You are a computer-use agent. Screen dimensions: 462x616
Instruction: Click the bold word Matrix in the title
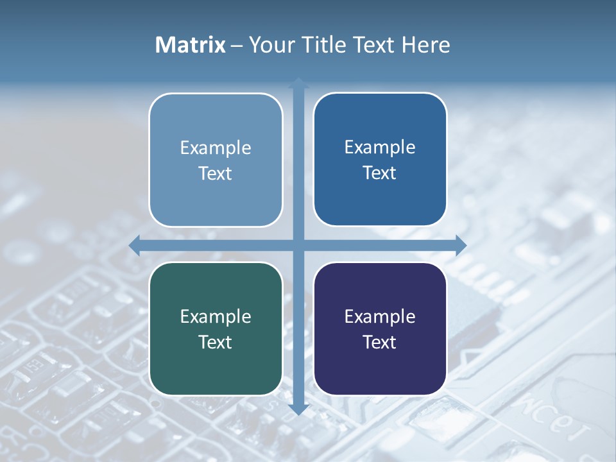coord(191,45)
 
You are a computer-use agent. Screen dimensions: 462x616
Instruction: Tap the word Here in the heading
coord(425,45)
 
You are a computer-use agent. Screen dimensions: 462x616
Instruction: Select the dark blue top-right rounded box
coord(380,199)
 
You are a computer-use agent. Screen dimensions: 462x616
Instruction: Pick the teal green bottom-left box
coord(216,369)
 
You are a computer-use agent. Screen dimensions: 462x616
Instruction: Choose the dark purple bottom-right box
coord(380,369)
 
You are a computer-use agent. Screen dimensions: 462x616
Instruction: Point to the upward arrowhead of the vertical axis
coord(298,83)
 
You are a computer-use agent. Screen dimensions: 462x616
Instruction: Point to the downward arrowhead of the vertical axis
coord(298,409)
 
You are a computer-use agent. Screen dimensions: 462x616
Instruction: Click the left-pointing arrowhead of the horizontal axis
coord(135,245)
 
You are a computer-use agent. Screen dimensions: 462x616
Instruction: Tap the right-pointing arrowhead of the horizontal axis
coord(461,245)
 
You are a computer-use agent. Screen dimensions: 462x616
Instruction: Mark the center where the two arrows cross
coord(298,245)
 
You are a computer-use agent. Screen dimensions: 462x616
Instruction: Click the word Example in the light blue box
coord(216,148)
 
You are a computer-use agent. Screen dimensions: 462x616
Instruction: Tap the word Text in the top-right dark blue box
coord(380,173)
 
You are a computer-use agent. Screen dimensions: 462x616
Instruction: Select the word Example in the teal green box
coord(216,316)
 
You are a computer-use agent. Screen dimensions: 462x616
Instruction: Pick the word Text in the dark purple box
coord(380,342)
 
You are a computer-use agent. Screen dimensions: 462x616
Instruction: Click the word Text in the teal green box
coord(216,342)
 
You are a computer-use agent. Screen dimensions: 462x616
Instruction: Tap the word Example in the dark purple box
coord(380,316)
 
